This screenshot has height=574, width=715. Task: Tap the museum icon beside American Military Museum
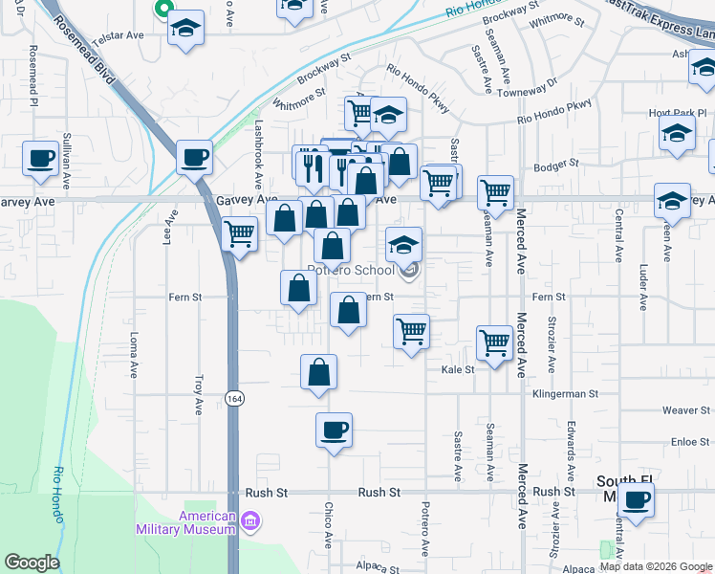[x=250, y=522]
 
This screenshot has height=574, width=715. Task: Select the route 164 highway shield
[x=233, y=396]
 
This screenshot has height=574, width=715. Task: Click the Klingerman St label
[x=565, y=393]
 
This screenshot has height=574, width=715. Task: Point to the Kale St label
[x=457, y=369]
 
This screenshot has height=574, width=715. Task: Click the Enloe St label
[x=689, y=441]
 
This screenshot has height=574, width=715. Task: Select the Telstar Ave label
[x=120, y=34]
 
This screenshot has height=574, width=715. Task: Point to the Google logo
[x=32, y=563]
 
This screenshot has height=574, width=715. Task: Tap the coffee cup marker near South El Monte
[x=636, y=498]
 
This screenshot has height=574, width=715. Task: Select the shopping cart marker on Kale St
[x=494, y=342]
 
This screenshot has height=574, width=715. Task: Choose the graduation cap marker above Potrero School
[x=403, y=245]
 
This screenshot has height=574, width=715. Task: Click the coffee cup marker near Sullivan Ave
[x=40, y=158]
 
